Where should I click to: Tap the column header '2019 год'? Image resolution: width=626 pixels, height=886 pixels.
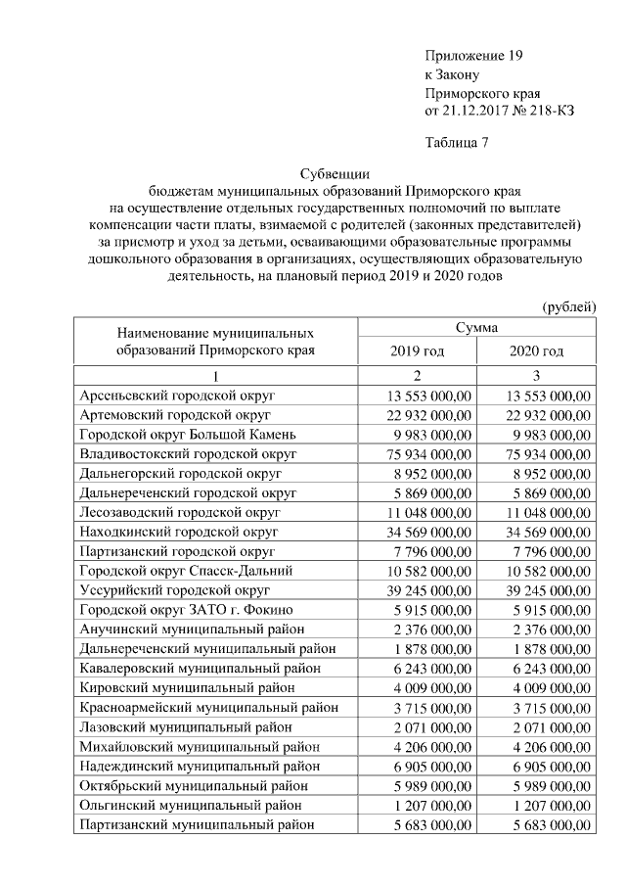417,351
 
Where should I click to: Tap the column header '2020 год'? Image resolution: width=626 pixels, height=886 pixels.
536,351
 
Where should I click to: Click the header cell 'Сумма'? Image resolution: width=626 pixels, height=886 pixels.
476,327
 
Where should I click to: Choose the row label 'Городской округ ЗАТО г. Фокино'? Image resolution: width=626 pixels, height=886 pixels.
181,609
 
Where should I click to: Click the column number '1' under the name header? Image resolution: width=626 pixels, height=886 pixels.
215,377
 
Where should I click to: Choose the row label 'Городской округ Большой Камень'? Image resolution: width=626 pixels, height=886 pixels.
186,435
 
